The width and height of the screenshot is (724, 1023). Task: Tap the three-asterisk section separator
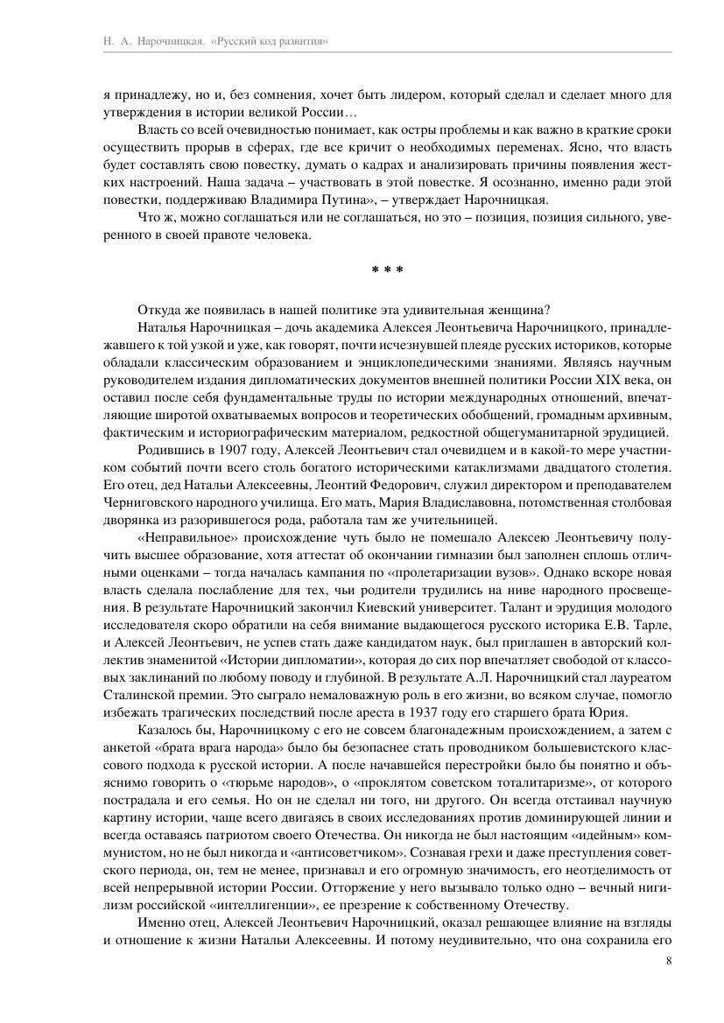click(387, 270)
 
